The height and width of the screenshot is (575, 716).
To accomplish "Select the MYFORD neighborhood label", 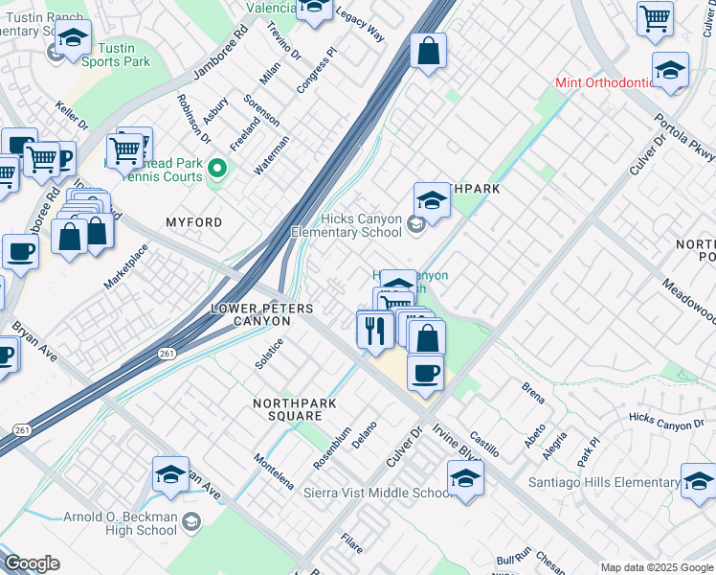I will [193, 222].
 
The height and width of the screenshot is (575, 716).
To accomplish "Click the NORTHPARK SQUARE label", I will [294, 410].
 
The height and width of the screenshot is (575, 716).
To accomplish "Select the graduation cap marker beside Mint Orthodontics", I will [670, 71].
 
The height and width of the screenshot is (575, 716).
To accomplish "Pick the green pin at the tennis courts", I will [217, 170].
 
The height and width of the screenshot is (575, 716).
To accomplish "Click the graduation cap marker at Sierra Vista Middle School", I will [465, 478].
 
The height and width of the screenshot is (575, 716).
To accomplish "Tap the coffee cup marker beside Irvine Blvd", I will [425, 372].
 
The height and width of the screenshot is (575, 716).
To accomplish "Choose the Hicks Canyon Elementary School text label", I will [347, 225].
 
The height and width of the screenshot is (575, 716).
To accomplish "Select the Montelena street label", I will [274, 471].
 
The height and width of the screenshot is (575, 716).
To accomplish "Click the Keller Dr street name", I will [72, 117].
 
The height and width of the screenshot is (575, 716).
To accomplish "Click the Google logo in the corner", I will [31, 563].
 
